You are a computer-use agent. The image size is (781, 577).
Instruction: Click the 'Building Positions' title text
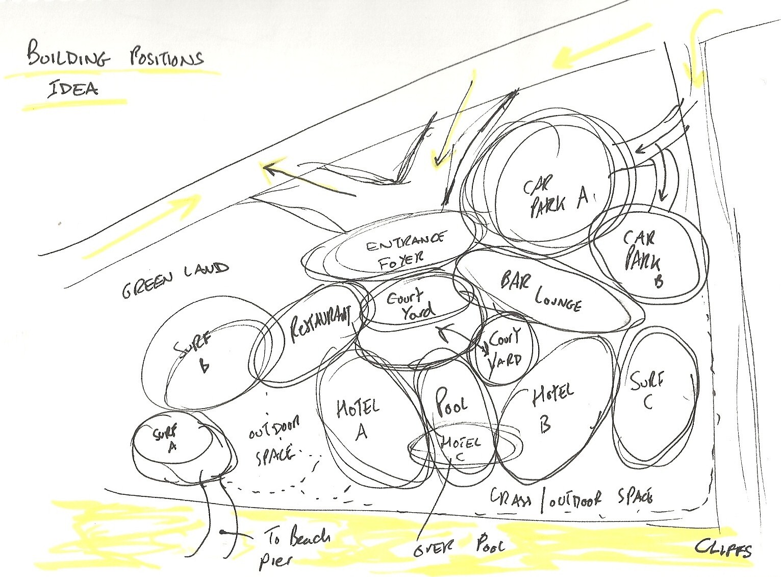pyautogui.click(x=114, y=58)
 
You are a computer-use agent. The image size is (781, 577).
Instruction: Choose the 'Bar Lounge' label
pyautogui.click(x=541, y=291)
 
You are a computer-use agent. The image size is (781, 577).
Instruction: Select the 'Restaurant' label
pyautogui.click(x=321, y=323)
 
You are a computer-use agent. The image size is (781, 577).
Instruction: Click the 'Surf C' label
pyautogui.click(x=647, y=390)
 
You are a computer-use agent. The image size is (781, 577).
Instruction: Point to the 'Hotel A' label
pyautogui.click(x=359, y=419)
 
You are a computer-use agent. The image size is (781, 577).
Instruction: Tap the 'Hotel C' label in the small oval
pyautogui.click(x=460, y=448)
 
